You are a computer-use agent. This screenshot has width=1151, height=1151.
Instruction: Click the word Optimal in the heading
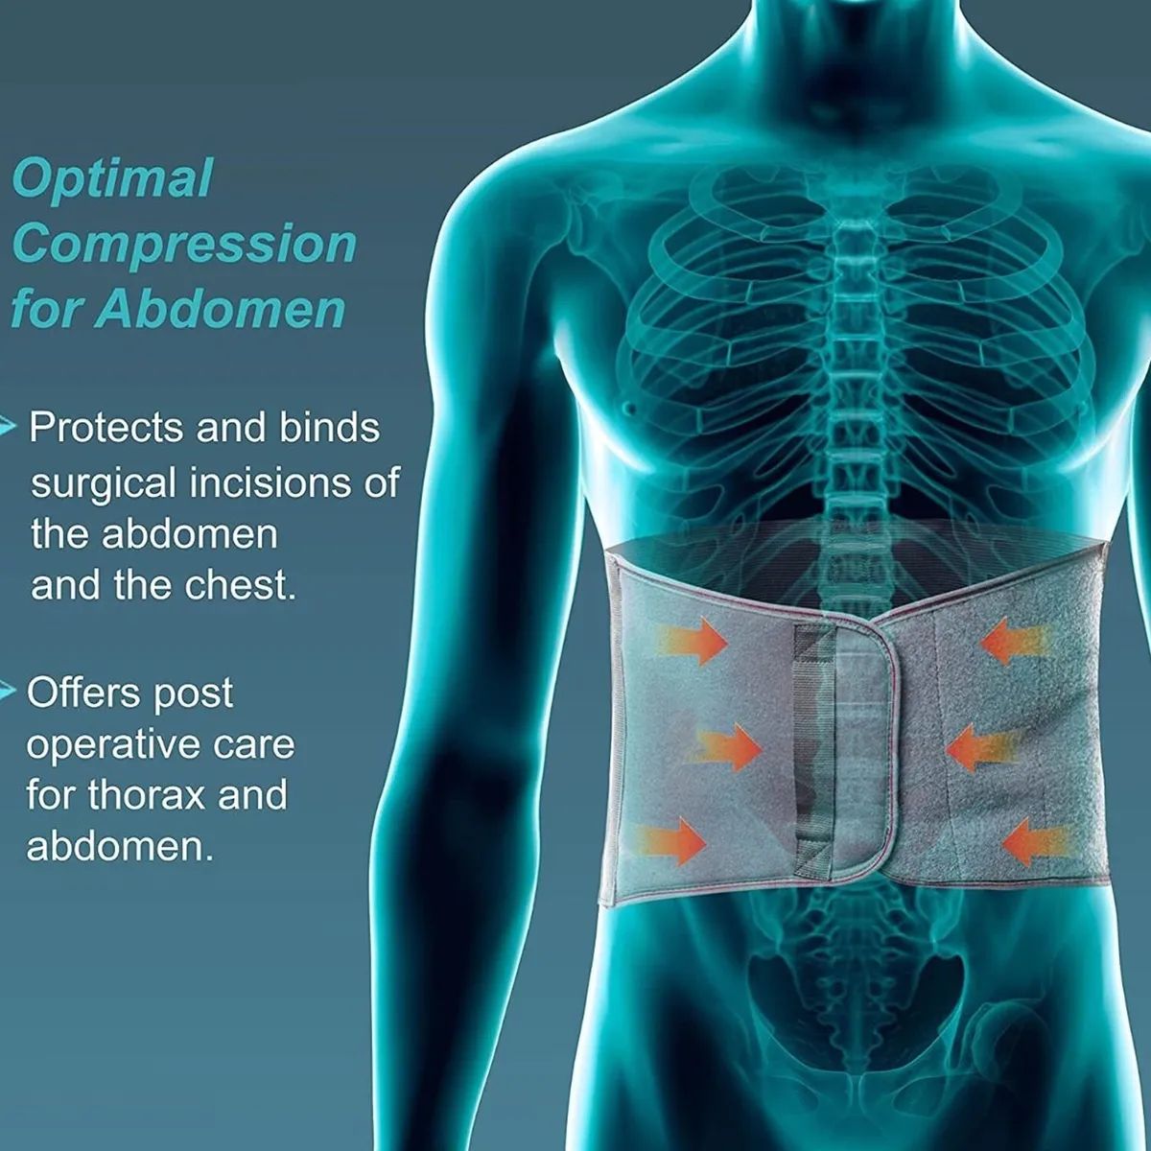click(x=112, y=179)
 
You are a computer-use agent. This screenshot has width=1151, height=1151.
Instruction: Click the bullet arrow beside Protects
click(x=9, y=425)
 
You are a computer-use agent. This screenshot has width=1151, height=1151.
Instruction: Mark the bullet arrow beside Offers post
click(x=9, y=691)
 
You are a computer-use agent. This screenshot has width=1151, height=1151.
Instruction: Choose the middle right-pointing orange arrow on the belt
click(x=728, y=747)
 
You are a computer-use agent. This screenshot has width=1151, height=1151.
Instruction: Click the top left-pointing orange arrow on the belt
click(x=1011, y=641)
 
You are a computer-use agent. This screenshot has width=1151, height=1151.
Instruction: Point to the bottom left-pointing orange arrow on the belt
click(x=1035, y=842)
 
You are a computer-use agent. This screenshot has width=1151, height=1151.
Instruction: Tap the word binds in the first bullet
click(x=330, y=428)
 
